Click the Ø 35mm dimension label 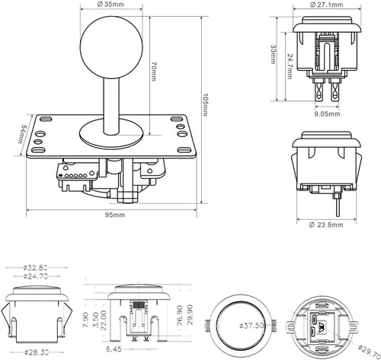(110, 4)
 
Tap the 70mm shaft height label (153, 72)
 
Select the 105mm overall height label (205, 105)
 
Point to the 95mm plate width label (115, 215)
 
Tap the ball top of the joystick (111, 47)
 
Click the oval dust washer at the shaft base (111, 134)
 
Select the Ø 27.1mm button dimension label (326, 5)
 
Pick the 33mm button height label (274, 54)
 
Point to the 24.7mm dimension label (290, 66)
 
